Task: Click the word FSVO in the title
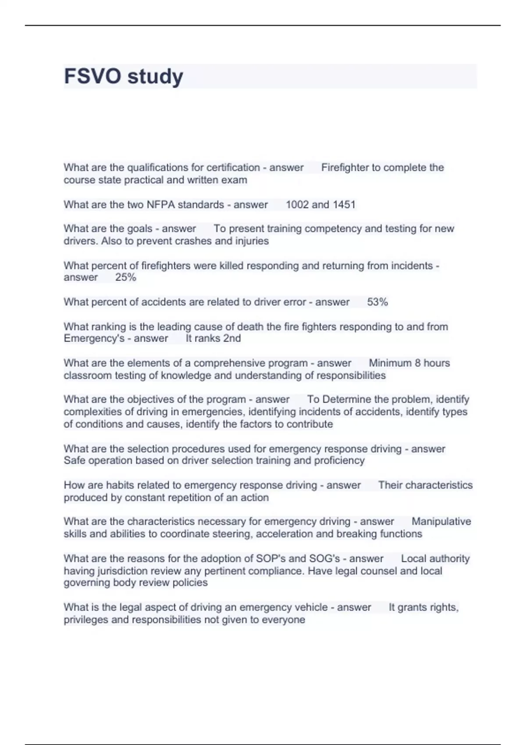click(x=92, y=76)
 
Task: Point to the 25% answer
click(x=126, y=277)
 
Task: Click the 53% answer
click(x=377, y=302)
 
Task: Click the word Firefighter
click(x=345, y=167)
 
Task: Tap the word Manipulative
click(x=441, y=521)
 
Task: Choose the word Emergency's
click(x=94, y=339)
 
